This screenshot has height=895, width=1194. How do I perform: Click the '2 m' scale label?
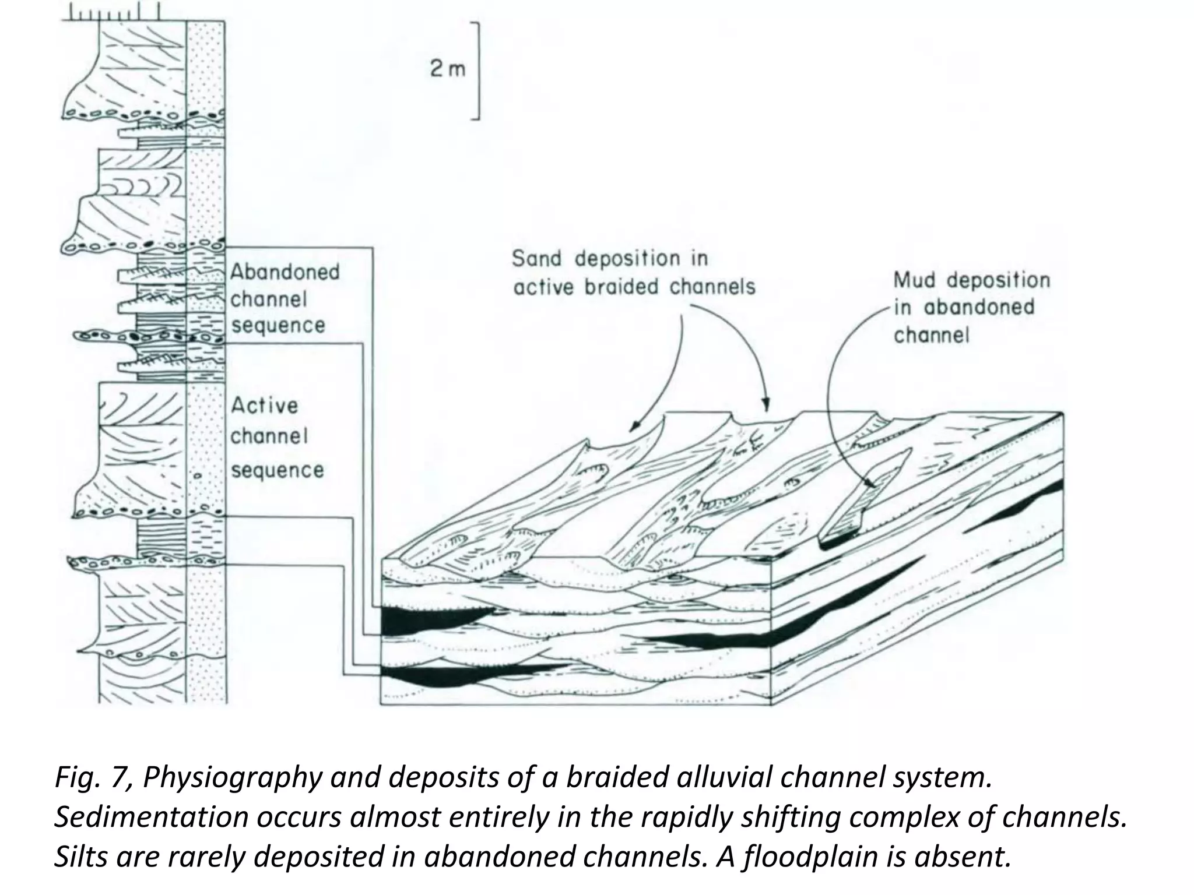coord(448,69)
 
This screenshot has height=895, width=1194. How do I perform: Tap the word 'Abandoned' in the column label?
coord(285,272)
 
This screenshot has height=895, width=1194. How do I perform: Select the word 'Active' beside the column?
coord(265,406)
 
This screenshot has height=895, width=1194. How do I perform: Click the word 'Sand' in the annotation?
coord(536,259)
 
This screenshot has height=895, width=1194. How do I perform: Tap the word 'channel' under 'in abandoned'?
coord(931,336)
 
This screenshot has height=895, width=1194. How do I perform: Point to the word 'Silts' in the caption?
coord(81,857)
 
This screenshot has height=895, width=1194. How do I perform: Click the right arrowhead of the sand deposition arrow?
coord(767,406)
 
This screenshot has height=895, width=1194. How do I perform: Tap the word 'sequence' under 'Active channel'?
coord(277,470)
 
